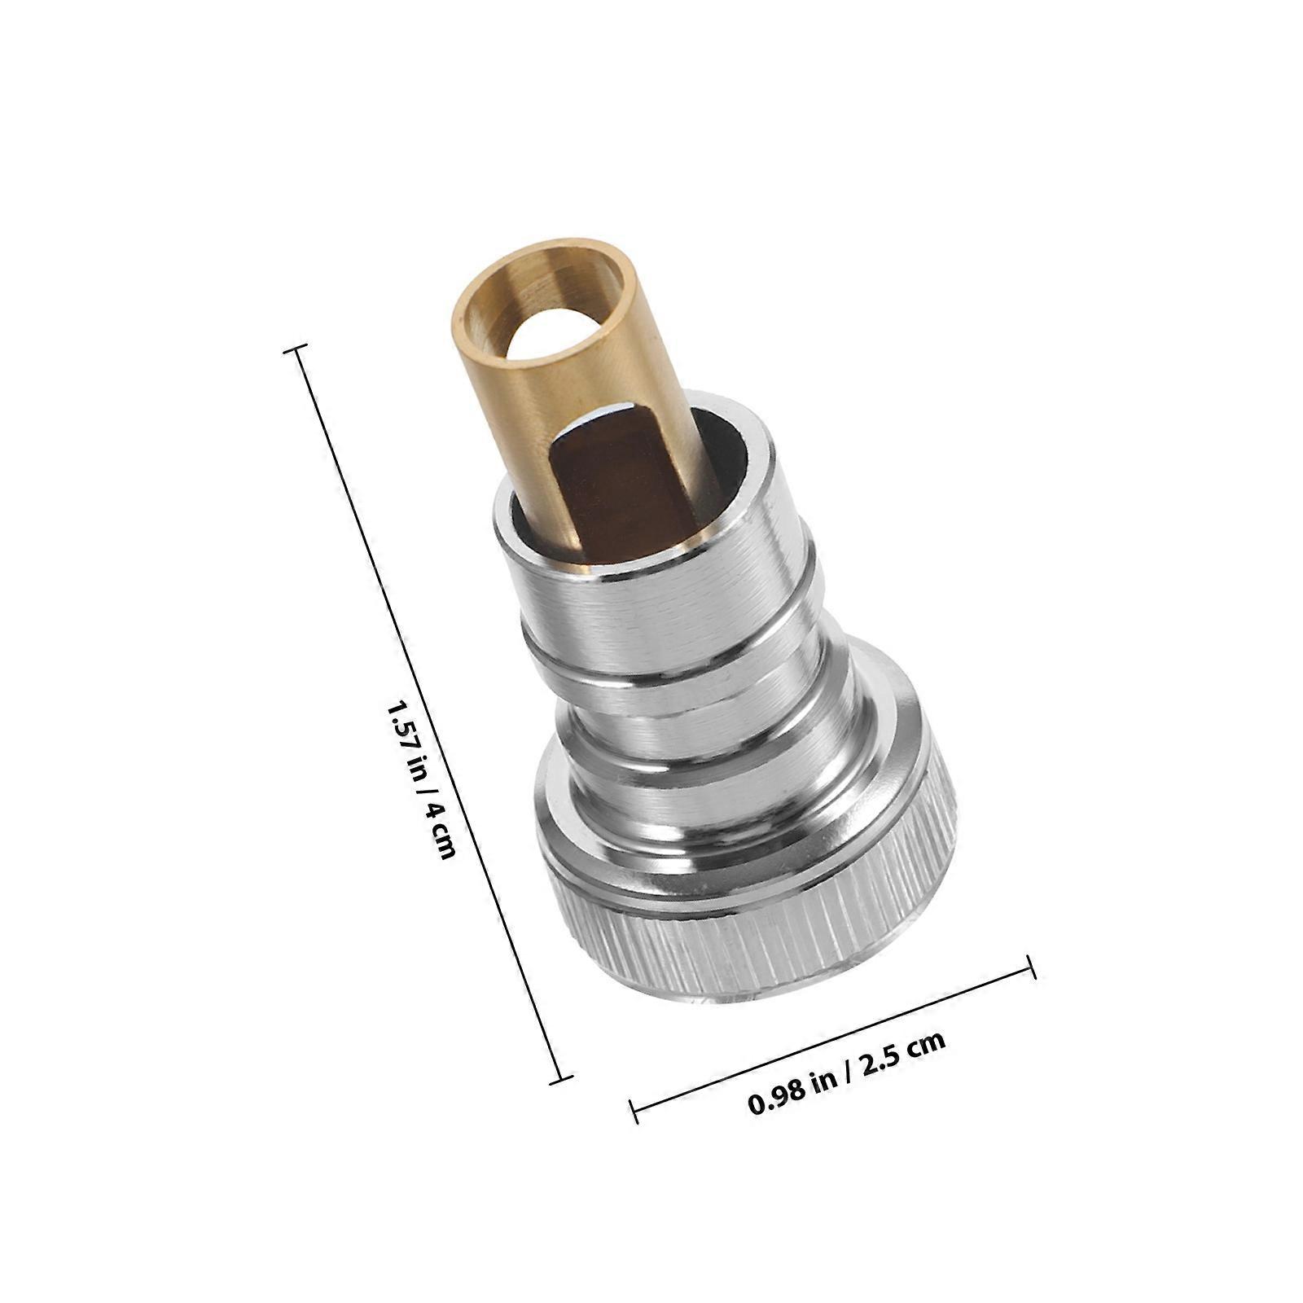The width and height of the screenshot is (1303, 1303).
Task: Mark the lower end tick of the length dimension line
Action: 560,1079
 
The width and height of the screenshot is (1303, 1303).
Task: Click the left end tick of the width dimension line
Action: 634,1112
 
